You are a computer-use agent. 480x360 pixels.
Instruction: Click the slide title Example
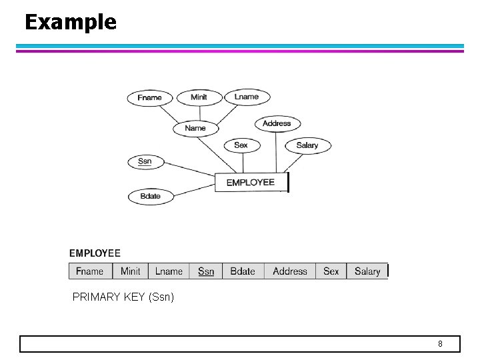tap(70, 22)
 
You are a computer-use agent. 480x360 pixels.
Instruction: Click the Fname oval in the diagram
tap(149, 98)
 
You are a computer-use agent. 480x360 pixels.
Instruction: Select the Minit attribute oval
tap(199, 97)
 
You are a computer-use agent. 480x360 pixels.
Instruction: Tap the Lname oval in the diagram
tap(247, 97)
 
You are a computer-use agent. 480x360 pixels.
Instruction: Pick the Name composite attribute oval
tap(195, 128)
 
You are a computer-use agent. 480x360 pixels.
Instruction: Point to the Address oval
tap(277, 123)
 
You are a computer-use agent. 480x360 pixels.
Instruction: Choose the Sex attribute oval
tap(241, 145)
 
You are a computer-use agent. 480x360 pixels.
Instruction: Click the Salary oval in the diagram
tap(307, 145)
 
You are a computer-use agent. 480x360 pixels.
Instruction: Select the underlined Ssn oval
tap(145, 161)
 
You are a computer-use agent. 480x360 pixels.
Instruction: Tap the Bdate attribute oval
tap(150, 197)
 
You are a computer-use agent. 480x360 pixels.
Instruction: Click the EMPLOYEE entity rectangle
tap(251, 183)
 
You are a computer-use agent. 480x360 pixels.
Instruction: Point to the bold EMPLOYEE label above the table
tap(95, 253)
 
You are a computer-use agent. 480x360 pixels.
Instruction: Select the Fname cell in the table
tap(90, 271)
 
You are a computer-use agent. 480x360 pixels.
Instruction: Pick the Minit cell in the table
tap(131, 271)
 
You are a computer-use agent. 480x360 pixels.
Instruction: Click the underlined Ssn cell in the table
tap(207, 271)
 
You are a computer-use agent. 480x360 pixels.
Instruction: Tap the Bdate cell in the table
tap(243, 271)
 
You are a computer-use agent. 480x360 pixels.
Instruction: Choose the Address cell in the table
tap(290, 271)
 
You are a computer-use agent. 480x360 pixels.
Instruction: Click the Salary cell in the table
tap(367, 271)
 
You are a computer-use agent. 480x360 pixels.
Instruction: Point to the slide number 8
tap(440, 344)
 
